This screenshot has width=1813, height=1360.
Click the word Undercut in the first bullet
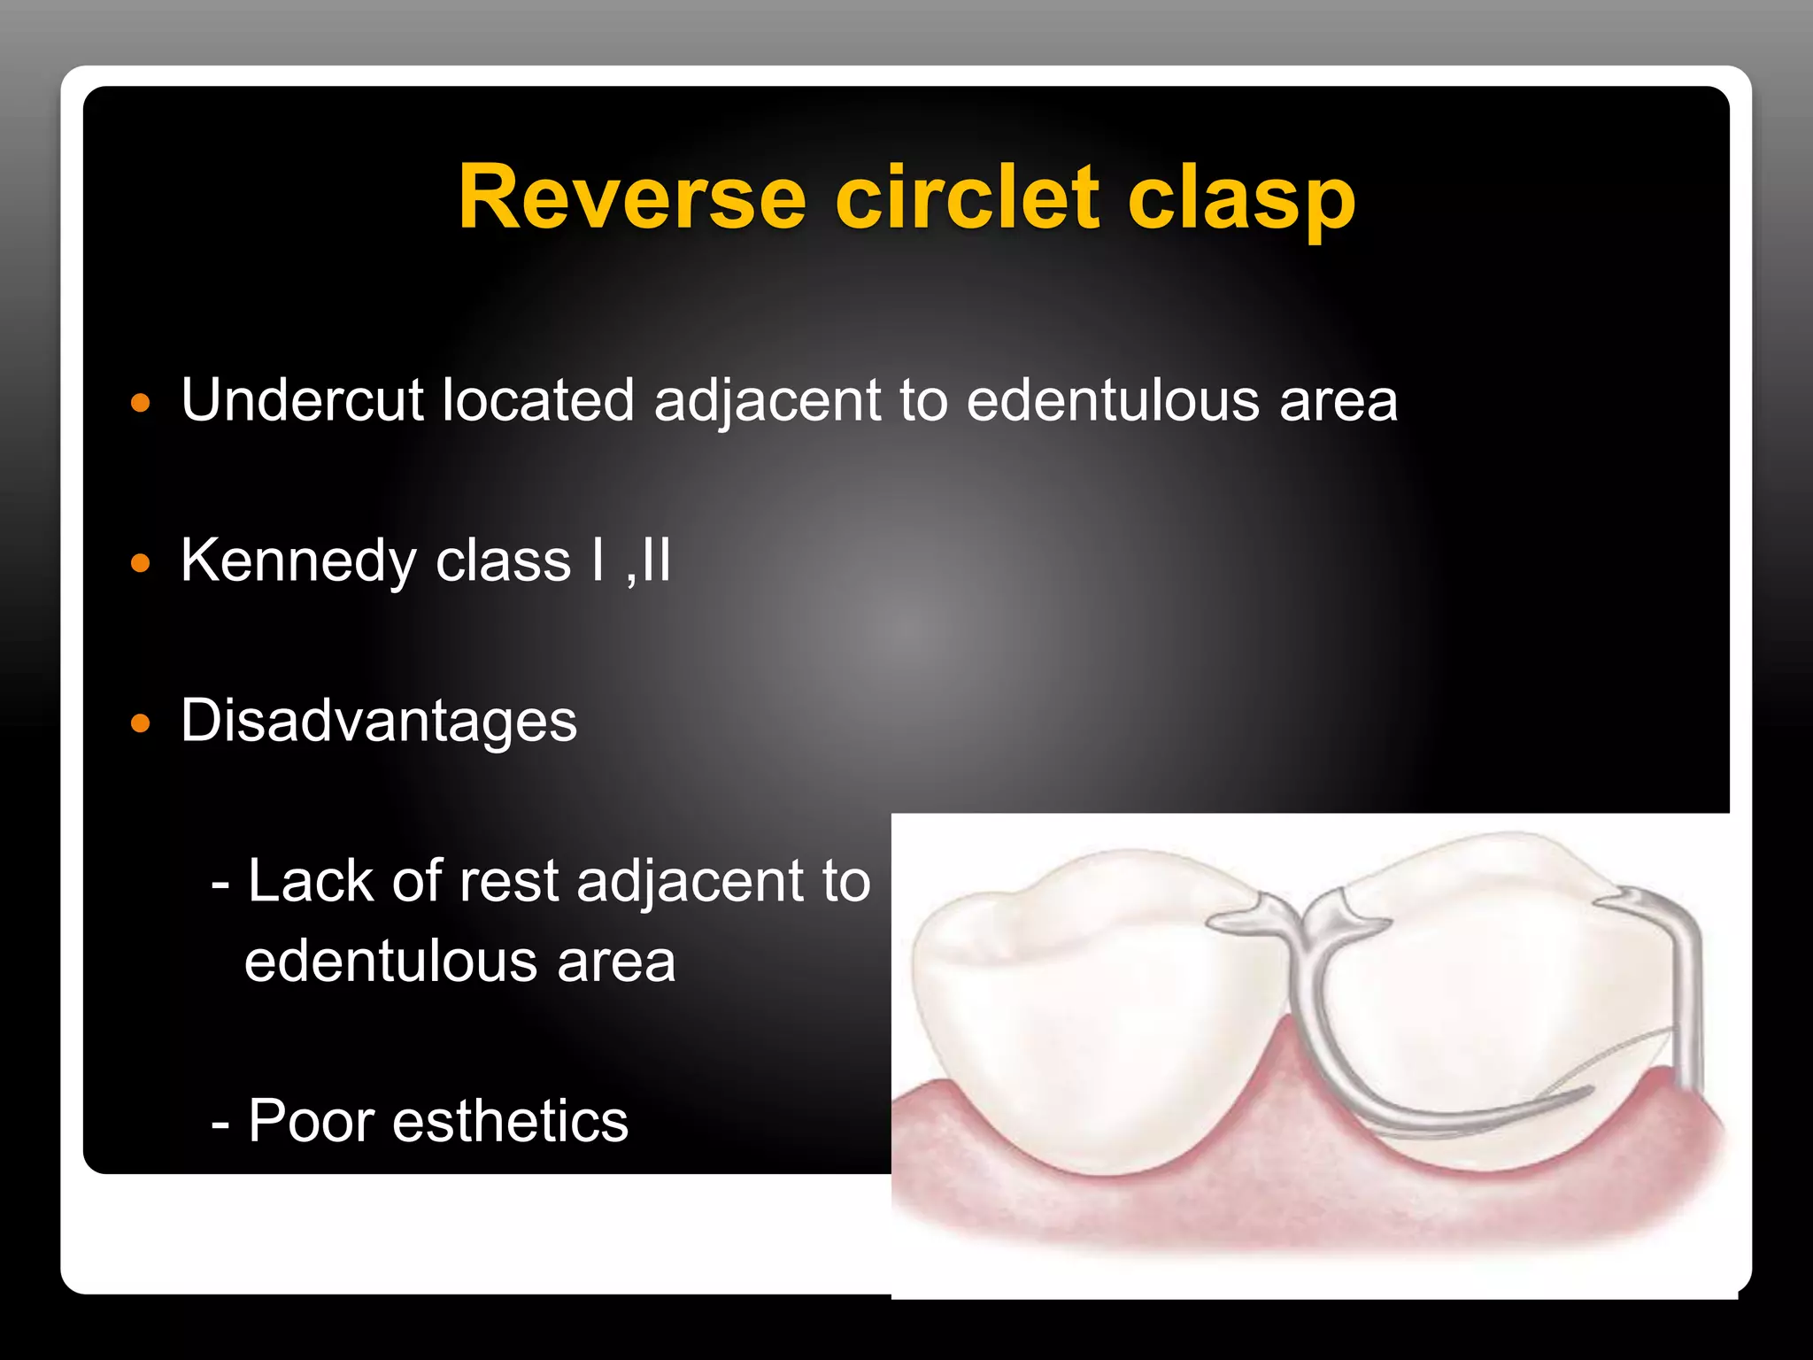click(302, 400)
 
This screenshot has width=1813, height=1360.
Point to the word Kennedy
click(298, 562)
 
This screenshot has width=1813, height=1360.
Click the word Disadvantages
click(379, 720)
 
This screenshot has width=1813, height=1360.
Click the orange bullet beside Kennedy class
click(141, 563)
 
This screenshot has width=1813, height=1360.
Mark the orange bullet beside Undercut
click(141, 404)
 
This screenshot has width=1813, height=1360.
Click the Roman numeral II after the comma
click(656, 560)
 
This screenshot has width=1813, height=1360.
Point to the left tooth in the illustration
click(1089, 1018)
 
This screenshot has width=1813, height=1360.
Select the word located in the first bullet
click(537, 400)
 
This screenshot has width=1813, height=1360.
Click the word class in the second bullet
click(503, 562)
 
